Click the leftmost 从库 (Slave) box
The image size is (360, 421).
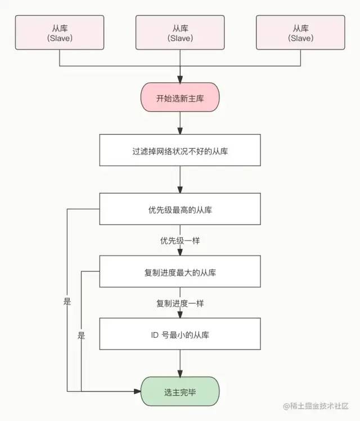pos(59,33)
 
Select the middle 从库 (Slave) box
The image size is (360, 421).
pos(180,33)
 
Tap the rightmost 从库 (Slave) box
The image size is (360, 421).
pos(300,33)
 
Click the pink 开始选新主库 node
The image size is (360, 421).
pos(180,97)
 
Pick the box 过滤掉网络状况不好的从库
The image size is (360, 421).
pos(180,151)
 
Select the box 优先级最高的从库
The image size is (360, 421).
pos(180,210)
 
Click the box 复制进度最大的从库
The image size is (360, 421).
pos(180,272)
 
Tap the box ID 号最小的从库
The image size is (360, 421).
pos(180,334)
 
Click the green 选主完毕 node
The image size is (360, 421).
pos(180,391)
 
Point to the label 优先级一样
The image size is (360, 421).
pos(180,240)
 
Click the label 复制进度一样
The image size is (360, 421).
pos(180,303)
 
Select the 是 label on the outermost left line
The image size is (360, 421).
pos(67,302)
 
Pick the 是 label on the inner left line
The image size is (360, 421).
pos(81,335)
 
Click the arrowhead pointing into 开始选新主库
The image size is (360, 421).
pos(180,79)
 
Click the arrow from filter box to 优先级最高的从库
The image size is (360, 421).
pos(180,180)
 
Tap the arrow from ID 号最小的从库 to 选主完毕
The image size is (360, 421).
pos(180,364)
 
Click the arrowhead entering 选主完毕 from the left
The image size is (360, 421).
pos(137,391)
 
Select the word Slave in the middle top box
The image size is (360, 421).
pos(180,38)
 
